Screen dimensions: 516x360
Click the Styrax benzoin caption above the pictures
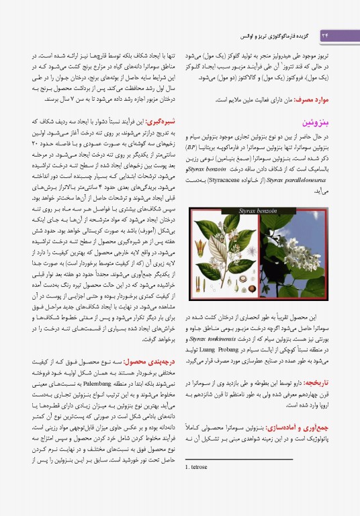pos(260,211)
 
